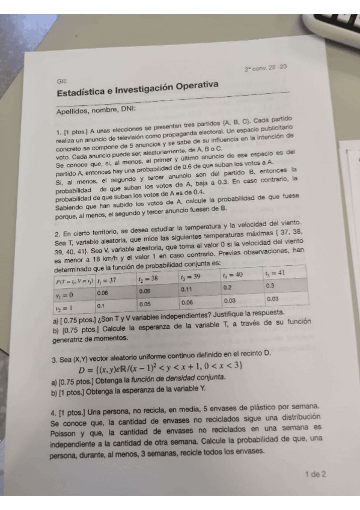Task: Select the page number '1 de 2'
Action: click(315, 474)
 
